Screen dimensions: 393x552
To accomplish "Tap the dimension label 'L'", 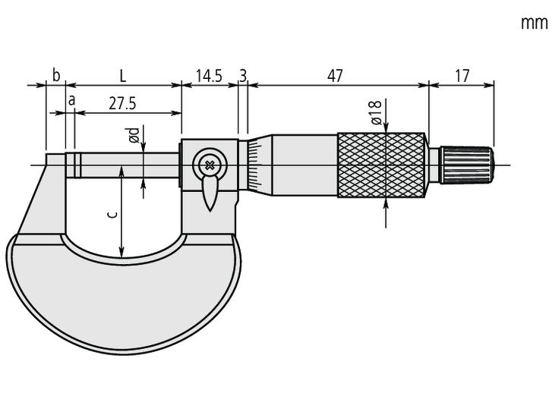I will point(122,75).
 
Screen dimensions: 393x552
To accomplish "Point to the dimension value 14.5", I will point(209,75).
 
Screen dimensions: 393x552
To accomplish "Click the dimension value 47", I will point(335,75).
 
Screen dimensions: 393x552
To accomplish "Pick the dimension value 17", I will point(461,75).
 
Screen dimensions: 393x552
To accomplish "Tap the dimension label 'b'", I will point(55,75).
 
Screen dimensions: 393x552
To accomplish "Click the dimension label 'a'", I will point(71,99).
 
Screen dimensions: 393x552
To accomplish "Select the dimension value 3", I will point(243,75).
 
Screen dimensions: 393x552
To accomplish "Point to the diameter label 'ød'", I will point(134,136).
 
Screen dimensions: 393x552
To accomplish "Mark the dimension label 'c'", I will point(112,215).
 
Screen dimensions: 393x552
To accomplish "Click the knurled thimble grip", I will point(380,165).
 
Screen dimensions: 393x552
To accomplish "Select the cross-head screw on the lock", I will point(209,163).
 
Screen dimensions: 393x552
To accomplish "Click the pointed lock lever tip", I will point(210,203).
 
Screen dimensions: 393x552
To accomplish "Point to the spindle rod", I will point(129,165).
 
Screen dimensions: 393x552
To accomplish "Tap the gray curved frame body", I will point(121,296).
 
